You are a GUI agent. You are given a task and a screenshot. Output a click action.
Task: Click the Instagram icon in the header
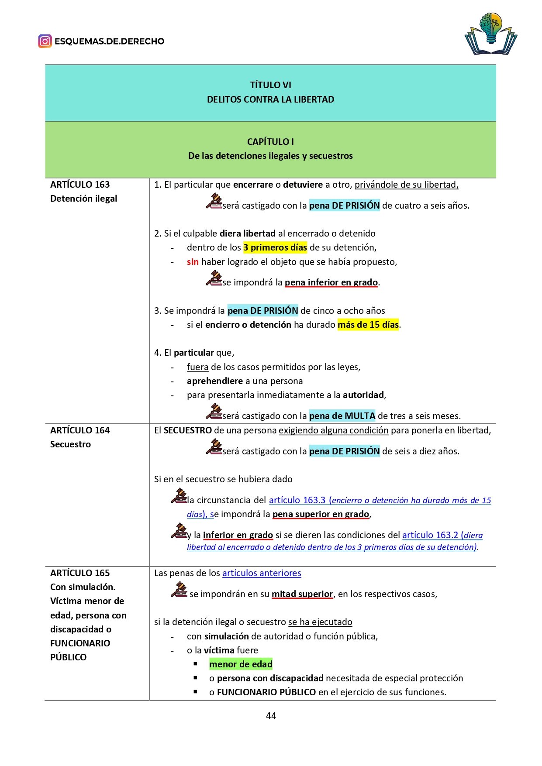click(45, 41)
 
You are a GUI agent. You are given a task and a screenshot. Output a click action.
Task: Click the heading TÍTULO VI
click(270, 85)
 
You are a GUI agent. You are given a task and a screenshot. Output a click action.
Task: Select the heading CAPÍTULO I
click(270, 142)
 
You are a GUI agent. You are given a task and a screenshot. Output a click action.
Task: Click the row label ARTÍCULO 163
click(80, 185)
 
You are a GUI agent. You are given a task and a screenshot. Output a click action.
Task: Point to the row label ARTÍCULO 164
click(80, 430)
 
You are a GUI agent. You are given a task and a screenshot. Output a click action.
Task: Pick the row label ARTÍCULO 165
click(80, 573)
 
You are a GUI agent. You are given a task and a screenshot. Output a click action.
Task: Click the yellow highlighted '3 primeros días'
click(275, 247)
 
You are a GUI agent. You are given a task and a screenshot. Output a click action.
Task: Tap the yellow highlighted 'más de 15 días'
click(368, 325)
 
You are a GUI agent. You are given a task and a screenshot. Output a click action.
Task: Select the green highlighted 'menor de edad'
click(241, 664)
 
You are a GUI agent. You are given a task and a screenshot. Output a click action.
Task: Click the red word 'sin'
click(193, 262)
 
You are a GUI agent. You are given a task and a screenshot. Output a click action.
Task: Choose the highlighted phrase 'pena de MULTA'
click(342, 416)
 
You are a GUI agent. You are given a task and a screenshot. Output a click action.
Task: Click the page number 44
click(271, 715)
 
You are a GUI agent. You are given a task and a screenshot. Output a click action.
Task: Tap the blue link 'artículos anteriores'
click(262, 573)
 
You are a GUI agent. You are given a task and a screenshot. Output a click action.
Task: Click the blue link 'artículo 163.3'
click(297, 500)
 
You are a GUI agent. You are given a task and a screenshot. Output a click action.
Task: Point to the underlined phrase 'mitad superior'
click(302, 594)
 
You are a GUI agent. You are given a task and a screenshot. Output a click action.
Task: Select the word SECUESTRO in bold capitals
click(188, 430)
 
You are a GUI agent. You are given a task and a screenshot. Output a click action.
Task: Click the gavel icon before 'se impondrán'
click(179, 590)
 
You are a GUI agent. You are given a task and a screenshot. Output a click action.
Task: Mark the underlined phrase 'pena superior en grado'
click(321, 514)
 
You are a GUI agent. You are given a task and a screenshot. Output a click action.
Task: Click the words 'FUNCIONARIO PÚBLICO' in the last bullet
click(266, 692)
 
